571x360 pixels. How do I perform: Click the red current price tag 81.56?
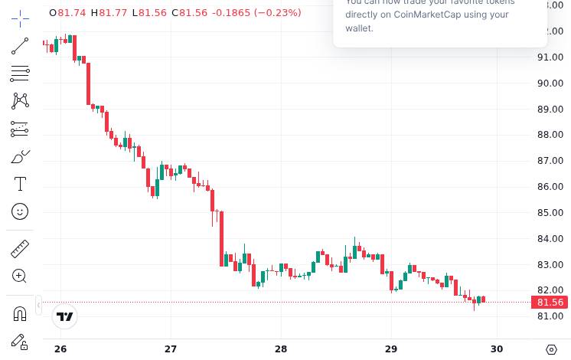[x=550, y=303]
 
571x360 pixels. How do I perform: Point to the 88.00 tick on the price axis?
[x=550, y=135]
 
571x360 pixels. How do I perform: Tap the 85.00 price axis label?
[x=550, y=213]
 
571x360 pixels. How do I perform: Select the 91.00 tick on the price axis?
[x=550, y=57]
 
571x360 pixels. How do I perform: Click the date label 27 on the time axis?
[x=171, y=349]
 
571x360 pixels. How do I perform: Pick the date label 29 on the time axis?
[x=391, y=349]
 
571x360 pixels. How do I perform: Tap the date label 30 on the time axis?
[x=497, y=349]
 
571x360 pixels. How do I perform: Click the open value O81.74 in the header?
[x=67, y=12]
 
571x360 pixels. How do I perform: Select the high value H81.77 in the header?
[x=109, y=12]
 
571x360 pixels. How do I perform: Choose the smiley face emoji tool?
[x=20, y=211]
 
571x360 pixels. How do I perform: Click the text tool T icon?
[x=20, y=184]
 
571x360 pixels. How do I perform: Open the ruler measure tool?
[x=20, y=248]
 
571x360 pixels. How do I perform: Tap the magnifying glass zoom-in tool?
[x=20, y=276]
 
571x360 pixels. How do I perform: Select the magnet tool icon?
[x=20, y=313]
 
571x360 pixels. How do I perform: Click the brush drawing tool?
[x=20, y=156]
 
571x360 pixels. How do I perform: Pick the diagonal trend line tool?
[x=20, y=46]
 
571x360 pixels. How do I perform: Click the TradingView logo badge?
[x=66, y=316]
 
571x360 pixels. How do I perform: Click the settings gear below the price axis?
[x=551, y=349]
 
